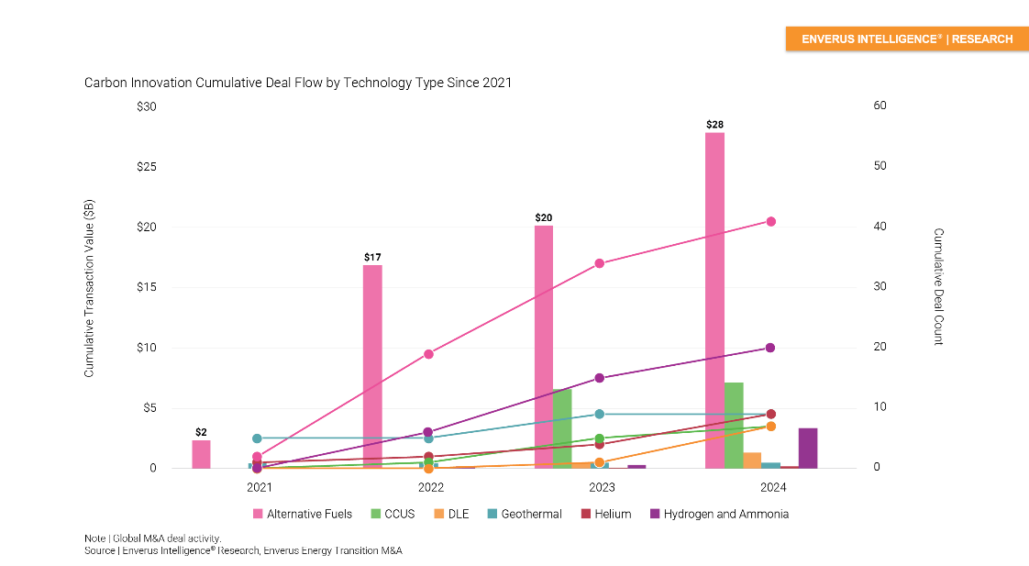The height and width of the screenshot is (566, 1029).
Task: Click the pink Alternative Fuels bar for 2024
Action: [714, 300]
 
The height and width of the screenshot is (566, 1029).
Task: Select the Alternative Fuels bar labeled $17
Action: [372, 366]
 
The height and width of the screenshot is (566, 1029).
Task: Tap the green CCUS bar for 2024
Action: [734, 425]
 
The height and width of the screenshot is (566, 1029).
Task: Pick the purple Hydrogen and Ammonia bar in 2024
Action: [808, 448]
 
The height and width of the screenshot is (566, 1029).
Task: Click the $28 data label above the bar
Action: [714, 124]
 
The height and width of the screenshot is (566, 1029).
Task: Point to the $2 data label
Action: [201, 431]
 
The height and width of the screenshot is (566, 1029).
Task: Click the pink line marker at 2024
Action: [771, 221]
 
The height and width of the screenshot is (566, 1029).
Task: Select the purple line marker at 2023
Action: [600, 378]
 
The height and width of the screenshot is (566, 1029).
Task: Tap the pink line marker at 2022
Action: [428, 354]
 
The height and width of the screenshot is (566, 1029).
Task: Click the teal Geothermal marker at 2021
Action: [257, 438]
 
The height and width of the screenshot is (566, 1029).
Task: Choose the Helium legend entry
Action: [605, 514]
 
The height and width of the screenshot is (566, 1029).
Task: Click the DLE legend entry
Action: [451, 514]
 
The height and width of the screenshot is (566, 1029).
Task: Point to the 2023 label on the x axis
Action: [602, 487]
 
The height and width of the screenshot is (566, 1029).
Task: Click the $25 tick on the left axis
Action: [146, 167]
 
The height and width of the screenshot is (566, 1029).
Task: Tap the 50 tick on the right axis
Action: [879, 167]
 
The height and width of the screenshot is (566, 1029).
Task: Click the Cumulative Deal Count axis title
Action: [938, 287]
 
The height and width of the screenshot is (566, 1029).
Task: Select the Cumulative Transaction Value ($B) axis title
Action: [89, 288]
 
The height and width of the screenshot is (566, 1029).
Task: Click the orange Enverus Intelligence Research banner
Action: [906, 39]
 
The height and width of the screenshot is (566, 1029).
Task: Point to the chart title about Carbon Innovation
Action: [298, 83]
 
